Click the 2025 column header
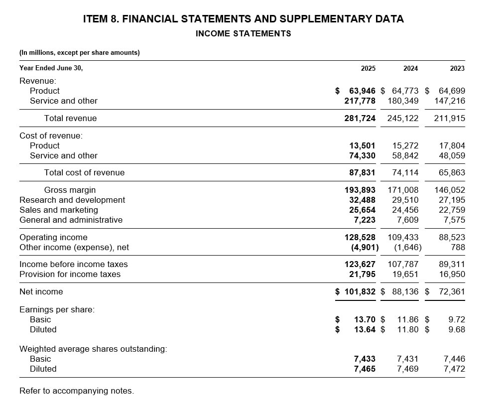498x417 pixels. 368,68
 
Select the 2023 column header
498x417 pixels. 457,68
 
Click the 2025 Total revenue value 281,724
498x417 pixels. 360,118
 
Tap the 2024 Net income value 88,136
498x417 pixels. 405,291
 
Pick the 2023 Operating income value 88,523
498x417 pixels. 452,237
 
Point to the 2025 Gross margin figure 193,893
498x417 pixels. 360,190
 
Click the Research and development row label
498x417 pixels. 72,200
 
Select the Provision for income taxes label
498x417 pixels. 70,274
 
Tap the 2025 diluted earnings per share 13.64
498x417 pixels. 365,329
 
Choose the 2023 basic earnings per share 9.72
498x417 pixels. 457,319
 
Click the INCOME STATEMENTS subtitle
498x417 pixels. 243,33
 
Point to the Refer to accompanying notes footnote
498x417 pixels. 76,391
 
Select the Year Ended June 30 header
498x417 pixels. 51,68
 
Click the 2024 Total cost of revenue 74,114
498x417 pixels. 405,172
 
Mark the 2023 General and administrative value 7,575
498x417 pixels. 454,220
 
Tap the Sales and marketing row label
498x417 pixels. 58,210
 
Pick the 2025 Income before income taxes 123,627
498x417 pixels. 360,264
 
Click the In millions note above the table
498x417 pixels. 79,52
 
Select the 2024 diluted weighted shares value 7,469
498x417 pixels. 407,369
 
